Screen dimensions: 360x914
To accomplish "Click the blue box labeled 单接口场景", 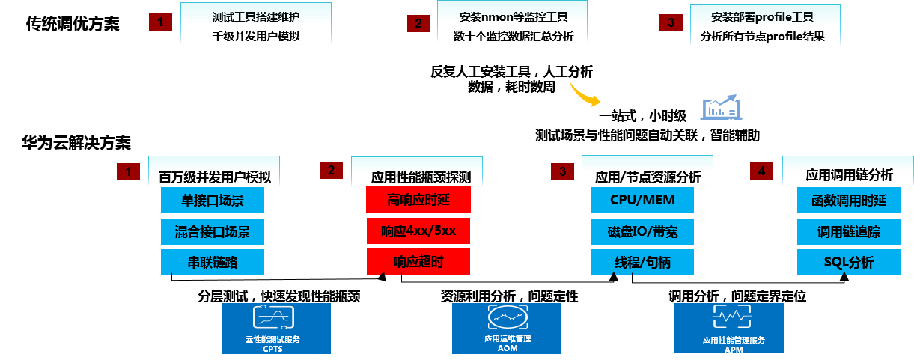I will pyautogui.click(x=213, y=201).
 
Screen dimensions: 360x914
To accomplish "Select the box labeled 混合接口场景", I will pyautogui.click(x=213, y=231).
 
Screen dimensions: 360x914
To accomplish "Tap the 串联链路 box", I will pyautogui.click(x=213, y=262).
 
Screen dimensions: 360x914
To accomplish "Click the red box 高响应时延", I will pyautogui.click(x=418, y=200).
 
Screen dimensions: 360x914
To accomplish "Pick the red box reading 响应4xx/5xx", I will pyautogui.click(x=418, y=231).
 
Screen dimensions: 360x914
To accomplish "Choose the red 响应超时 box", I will pyautogui.click(x=418, y=261).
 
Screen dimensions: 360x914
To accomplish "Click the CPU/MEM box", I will pyautogui.click(x=642, y=201).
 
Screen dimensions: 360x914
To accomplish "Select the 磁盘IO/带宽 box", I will pyautogui.click(x=642, y=231).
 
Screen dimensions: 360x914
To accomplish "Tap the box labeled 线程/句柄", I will pyautogui.click(x=642, y=262).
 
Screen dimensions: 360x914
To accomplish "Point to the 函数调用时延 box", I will pyautogui.click(x=848, y=201).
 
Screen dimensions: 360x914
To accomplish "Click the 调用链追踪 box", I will pyautogui.click(x=848, y=231).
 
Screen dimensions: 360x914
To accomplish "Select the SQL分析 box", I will pyautogui.click(x=848, y=262).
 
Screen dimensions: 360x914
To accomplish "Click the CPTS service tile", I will pyautogui.click(x=276, y=328).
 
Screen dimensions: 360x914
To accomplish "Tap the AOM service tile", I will pyautogui.click(x=506, y=328).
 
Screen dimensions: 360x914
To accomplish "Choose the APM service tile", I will pyautogui.click(x=729, y=328).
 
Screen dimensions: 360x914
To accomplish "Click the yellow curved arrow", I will pyautogui.click(x=584, y=94).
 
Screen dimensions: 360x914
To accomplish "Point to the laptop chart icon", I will pyautogui.click(x=720, y=109).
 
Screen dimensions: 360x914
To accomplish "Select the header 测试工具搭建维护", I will pyautogui.click(x=256, y=16).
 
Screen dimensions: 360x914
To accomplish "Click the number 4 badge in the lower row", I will pyautogui.click(x=761, y=171).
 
